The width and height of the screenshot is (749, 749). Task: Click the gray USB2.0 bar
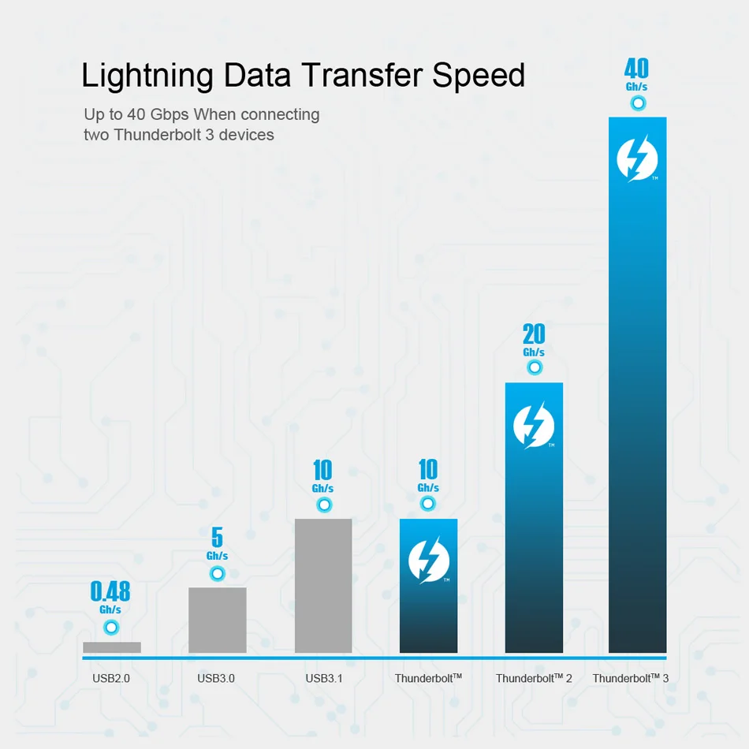[x=112, y=647]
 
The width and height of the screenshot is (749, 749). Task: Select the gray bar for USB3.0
[x=218, y=620]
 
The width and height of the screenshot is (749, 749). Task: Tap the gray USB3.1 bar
[x=323, y=586]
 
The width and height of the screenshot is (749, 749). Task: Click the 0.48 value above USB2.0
[x=110, y=591]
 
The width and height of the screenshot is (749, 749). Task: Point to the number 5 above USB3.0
[x=217, y=538]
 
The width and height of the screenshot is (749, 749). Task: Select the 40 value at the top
[x=636, y=69]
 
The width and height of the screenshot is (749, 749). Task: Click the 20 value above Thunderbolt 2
[x=534, y=334]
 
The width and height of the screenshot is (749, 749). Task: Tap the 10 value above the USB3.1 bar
[x=322, y=471]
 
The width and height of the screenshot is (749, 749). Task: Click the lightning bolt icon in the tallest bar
[x=637, y=158]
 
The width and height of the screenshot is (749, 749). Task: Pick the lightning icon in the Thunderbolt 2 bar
[x=534, y=426]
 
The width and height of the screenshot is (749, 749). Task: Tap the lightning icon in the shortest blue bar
[x=429, y=561]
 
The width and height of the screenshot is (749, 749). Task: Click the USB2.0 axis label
[x=111, y=678]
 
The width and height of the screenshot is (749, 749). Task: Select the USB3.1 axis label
[x=323, y=678]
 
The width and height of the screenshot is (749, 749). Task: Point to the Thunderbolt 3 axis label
[x=630, y=678]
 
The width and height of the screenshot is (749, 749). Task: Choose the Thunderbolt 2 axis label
[x=534, y=678]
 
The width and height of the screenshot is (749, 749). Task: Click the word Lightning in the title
[x=147, y=76]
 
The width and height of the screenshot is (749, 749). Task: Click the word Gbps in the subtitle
[x=178, y=114]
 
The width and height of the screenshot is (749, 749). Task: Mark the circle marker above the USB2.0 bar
[x=111, y=628]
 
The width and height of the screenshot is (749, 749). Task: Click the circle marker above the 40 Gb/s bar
[x=638, y=103]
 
